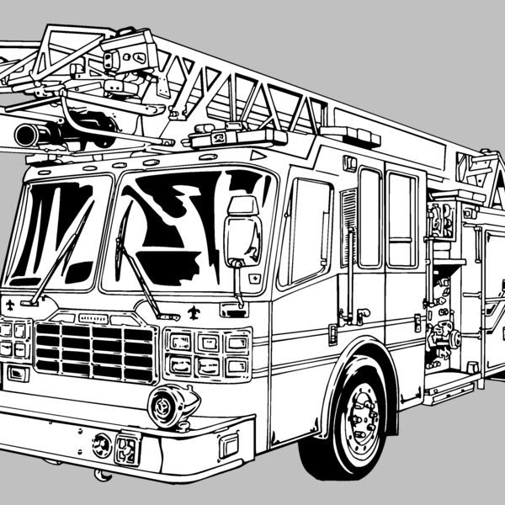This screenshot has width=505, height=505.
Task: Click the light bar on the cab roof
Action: tap(237, 136)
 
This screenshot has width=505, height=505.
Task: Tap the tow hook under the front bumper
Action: tap(103, 476)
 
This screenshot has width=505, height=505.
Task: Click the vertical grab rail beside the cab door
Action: tap(348, 252)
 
